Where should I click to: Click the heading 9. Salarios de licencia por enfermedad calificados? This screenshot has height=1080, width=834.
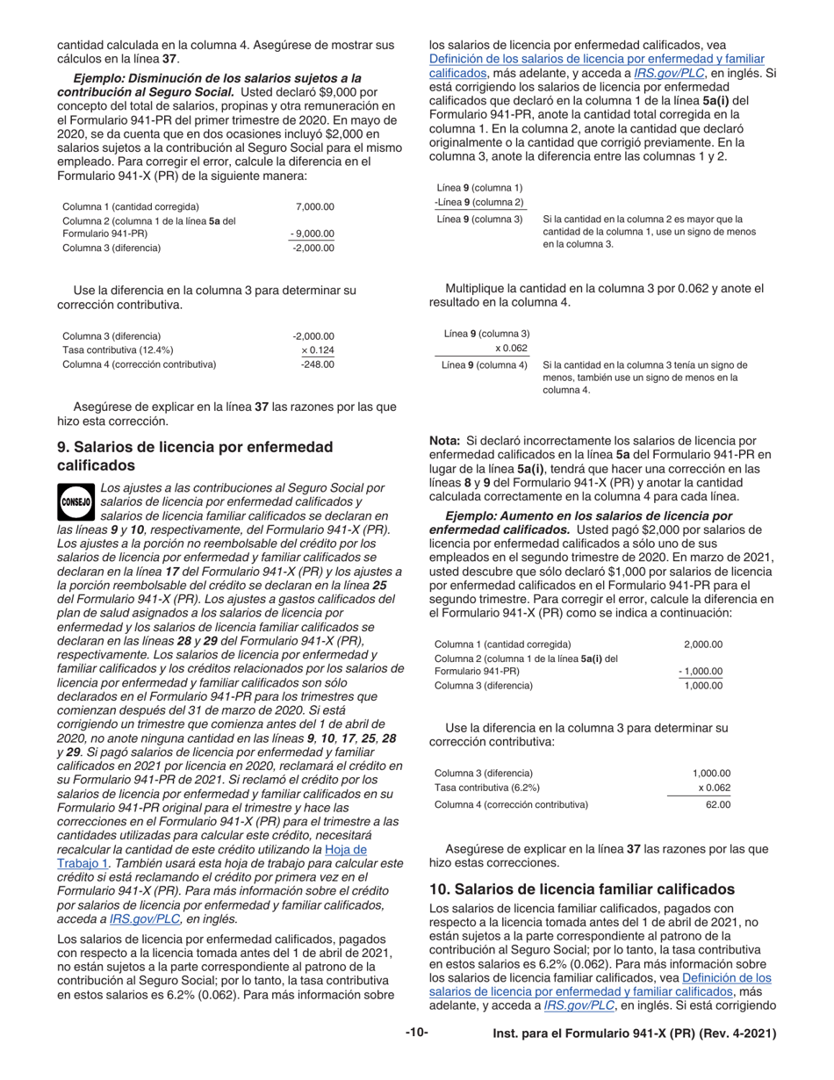tap(195, 456)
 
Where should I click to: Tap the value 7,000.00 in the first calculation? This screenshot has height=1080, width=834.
tap(315, 206)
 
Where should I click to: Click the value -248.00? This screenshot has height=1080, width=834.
tap(317, 364)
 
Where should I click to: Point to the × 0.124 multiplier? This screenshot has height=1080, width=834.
tap(318, 349)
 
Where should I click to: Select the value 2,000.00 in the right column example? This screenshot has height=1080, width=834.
tap(703, 644)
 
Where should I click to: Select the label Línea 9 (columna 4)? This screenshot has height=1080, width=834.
tap(484, 364)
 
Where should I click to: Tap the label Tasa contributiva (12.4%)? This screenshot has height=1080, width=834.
tap(118, 349)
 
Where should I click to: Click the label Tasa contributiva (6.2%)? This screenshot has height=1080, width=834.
tap(487, 788)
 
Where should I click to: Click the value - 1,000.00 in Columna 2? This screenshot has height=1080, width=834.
tap(701, 672)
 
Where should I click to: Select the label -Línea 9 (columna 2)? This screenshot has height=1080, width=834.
tap(479, 202)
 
